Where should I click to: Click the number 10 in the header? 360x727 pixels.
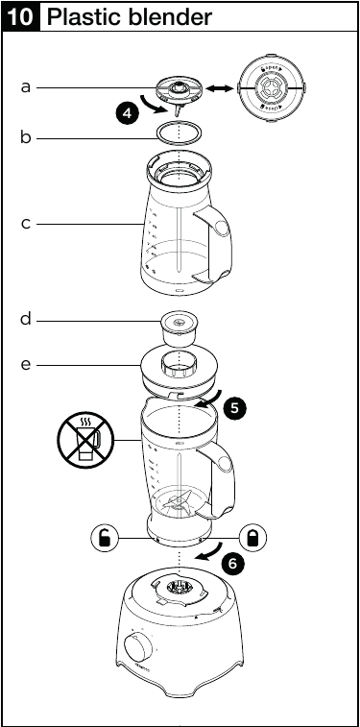pyautogui.click(x=21, y=17)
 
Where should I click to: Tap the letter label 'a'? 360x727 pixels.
pyautogui.click(x=26, y=86)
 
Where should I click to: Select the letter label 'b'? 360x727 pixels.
pyautogui.click(x=26, y=138)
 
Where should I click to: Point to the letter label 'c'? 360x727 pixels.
pyautogui.click(x=26, y=223)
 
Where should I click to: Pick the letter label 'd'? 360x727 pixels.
pyautogui.click(x=26, y=318)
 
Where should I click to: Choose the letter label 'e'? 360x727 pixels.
pyautogui.click(x=26, y=364)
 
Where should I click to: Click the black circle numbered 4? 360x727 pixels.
pyautogui.click(x=124, y=113)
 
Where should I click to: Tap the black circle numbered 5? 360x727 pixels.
pyautogui.click(x=236, y=408)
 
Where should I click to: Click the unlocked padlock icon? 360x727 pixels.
pyautogui.click(x=104, y=538)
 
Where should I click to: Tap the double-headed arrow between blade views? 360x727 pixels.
pyautogui.click(x=221, y=88)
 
